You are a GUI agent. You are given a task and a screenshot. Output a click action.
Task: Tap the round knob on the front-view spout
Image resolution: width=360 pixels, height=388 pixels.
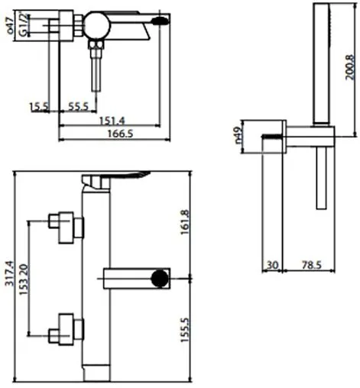click(158, 277)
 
